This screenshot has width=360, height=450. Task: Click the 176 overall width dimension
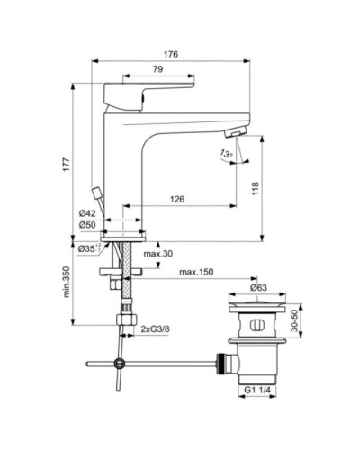tap(171, 55)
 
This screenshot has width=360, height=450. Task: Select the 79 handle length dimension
tap(131, 71)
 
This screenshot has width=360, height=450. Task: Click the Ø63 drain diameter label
tap(258, 289)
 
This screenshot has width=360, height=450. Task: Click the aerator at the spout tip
tap(233, 132)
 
